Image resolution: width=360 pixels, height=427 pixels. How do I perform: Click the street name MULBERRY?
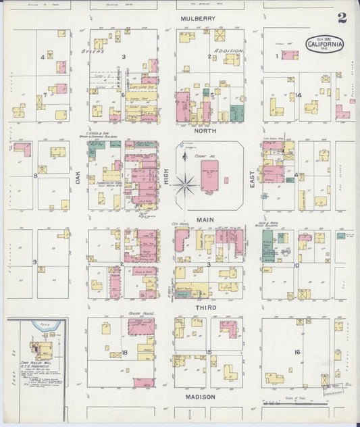pyautogui.click(x=197, y=18)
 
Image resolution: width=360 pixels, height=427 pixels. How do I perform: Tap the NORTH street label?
pyautogui.click(x=205, y=130)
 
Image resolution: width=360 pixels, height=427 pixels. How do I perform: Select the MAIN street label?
pyautogui.click(x=205, y=220)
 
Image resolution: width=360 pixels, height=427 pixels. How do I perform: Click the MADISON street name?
pyautogui.click(x=201, y=397)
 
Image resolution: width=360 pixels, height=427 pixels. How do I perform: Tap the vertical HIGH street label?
pyautogui.click(x=166, y=178)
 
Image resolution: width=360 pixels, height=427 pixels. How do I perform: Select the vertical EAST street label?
pyautogui.click(x=253, y=178)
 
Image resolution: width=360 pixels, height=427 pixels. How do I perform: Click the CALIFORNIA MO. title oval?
pyautogui.click(x=326, y=45)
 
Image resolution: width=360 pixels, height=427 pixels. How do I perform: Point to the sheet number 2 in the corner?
pyautogui.click(x=342, y=18)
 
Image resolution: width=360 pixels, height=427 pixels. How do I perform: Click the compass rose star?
pyautogui.click(x=184, y=182)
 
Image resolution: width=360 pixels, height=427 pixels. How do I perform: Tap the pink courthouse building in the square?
pyautogui.click(x=209, y=179)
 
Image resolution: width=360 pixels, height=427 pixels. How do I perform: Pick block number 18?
pyautogui.click(x=125, y=353)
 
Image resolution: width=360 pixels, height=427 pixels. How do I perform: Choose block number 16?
pyautogui.click(x=297, y=352)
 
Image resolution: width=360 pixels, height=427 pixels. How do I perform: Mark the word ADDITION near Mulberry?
pyautogui.click(x=228, y=51)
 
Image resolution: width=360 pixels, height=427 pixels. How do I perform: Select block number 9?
pyautogui.click(x=34, y=261)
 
